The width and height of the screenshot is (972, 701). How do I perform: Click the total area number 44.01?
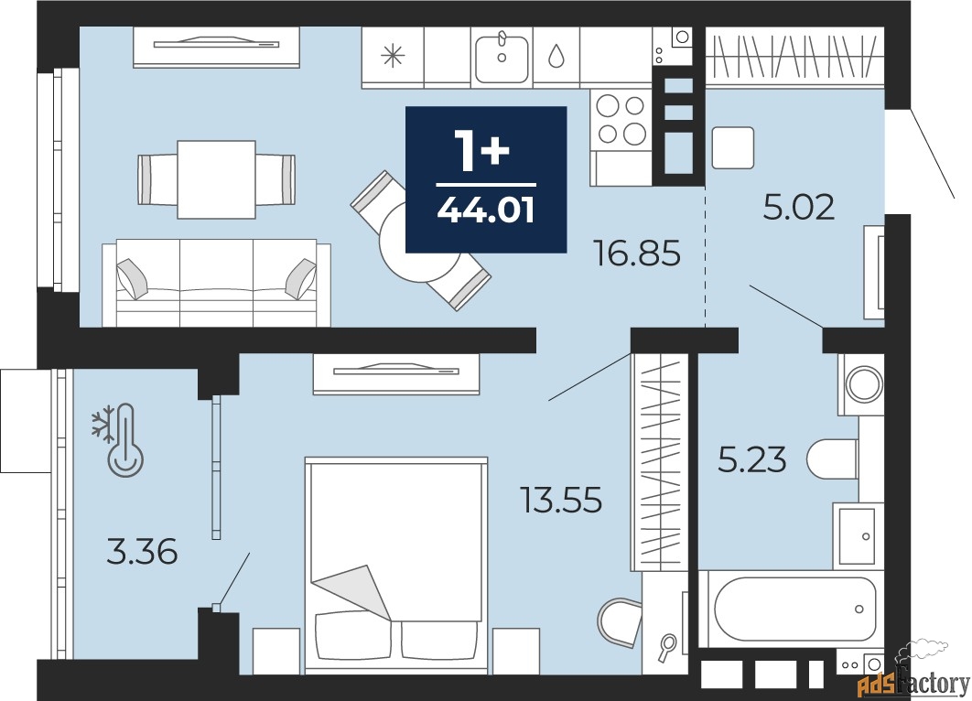click(485, 210)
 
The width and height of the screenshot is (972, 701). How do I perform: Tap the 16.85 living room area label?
click(637, 253)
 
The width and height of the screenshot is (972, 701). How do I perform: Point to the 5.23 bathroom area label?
click(751, 458)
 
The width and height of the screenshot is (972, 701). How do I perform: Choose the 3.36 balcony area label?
click(142, 552)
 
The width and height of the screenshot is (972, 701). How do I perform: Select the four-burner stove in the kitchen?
click(621, 120)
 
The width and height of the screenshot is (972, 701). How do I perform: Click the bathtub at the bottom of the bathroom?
click(793, 609)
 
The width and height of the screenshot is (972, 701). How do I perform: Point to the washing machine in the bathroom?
click(859, 383)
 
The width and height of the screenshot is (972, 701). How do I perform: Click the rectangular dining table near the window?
click(216, 178)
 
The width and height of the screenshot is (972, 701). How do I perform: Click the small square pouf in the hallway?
click(732, 147)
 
